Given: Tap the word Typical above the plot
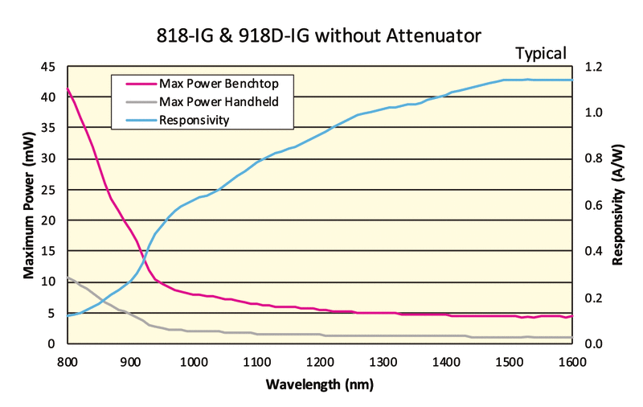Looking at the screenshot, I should click(x=541, y=54).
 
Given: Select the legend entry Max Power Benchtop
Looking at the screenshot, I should click(x=213, y=83).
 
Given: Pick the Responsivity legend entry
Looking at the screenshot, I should click(x=195, y=121).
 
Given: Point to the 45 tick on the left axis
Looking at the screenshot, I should click(x=48, y=67).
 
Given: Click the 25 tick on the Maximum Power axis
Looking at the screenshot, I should click(x=48, y=190).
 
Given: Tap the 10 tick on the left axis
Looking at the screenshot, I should click(x=48, y=282).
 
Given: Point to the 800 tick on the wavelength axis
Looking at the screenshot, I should click(x=68, y=361).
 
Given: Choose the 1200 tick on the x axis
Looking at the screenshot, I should click(x=320, y=361).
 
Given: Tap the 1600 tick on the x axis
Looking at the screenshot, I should click(x=571, y=361).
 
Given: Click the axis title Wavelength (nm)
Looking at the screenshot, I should click(x=319, y=385).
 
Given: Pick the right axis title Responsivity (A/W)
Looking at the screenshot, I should click(x=620, y=205).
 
